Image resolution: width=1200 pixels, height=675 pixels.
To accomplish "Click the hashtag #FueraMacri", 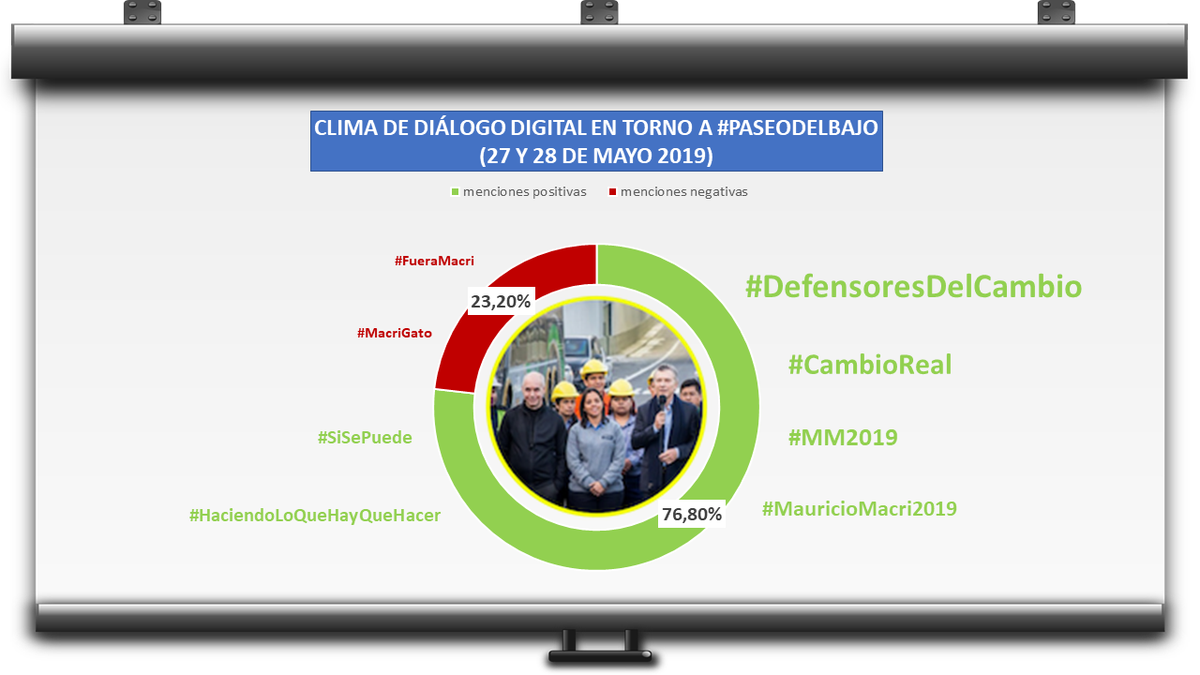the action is click(434, 261).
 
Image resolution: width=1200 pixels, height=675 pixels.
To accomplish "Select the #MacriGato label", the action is click(395, 333).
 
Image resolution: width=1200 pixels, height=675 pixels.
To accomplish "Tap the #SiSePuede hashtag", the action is click(365, 438).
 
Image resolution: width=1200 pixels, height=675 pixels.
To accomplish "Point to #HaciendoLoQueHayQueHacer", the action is click(315, 516).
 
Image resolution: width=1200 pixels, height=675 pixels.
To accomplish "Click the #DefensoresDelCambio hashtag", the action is click(913, 287).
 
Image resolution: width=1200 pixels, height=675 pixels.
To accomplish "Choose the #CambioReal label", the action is click(870, 365).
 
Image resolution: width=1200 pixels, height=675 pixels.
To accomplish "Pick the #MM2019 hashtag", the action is click(843, 438).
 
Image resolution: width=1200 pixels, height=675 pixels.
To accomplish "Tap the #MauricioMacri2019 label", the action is click(860, 508).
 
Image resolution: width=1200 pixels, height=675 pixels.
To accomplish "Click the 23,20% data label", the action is click(501, 302).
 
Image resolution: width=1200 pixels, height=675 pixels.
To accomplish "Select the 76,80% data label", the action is click(692, 515).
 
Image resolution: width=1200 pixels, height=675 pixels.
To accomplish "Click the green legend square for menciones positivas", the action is click(455, 192).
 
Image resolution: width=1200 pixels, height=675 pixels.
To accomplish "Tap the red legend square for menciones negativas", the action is click(612, 192).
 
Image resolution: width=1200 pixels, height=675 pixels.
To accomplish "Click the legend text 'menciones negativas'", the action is click(684, 192).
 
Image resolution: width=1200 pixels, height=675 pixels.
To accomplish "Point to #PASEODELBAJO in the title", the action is click(798, 128).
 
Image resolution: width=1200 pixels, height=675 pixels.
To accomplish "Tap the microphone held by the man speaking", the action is click(663, 404).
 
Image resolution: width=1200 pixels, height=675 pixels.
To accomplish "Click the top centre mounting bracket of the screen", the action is click(599, 12).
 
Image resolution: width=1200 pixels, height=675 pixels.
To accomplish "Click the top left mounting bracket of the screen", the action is click(142, 12).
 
